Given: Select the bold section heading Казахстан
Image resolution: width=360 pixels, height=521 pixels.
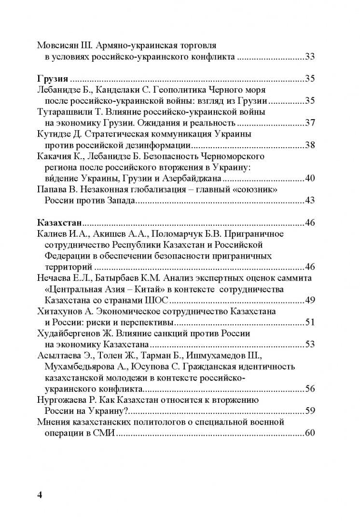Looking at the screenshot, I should (x=59, y=223).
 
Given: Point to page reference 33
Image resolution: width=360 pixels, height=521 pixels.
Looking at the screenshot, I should (x=310, y=57).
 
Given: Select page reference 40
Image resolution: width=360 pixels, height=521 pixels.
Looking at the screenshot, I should (x=310, y=178).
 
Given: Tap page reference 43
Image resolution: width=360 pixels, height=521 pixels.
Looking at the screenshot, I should (x=310, y=201).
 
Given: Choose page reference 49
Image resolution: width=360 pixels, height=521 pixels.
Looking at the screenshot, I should (x=310, y=300).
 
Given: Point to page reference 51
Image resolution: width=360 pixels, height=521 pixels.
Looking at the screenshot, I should (x=310, y=322).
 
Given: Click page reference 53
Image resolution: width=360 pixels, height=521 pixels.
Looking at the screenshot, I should (x=310, y=344).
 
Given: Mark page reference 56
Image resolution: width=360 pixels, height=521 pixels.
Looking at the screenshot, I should (x=310, y=389).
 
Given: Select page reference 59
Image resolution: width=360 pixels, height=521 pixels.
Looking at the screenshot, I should (x=310, y=411).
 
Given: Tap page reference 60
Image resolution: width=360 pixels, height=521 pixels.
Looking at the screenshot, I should (x=310, y=433).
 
